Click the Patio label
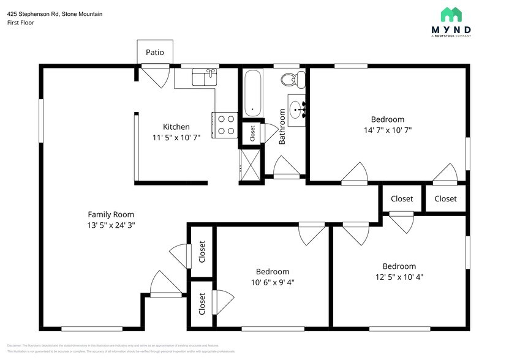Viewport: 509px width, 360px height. (154, 53)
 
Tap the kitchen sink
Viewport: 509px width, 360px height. (204, 77)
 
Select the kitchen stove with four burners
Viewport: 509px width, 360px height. (225, 125)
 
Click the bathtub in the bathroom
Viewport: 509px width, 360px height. (253, 93)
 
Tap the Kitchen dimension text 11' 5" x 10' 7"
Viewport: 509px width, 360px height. (172, 138)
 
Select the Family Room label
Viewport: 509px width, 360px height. (111, 214)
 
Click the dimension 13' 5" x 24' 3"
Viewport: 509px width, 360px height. (111, 225)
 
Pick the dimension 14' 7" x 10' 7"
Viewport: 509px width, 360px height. (387, 130)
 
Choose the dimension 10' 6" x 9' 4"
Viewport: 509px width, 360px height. (273, 282)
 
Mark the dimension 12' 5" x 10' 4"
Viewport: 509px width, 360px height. (399, 277)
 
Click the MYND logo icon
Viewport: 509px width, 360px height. (456, 15)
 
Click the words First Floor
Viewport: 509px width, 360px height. (20, 23)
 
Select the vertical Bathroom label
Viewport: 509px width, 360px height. (282, 127)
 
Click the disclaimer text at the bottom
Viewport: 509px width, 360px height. (123, 348)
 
